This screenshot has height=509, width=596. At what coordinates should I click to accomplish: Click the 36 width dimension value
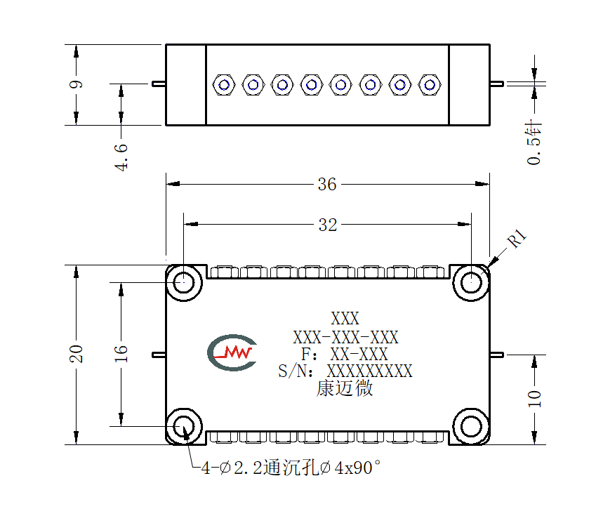[x=327, y=185]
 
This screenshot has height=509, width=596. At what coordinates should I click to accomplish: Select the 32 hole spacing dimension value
[x=328, y=225]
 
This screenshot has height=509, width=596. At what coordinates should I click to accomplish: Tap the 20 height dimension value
[x=77, y=354]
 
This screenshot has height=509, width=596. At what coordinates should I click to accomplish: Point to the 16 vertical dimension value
[x=121, y=354]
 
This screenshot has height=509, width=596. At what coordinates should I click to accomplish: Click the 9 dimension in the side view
[x=77, y=84]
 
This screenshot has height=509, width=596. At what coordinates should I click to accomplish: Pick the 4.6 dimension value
[x=121, y=157]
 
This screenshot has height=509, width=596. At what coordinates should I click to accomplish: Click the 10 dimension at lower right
[x=534, y=398]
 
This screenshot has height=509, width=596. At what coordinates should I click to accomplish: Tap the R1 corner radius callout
[x=517, y=238]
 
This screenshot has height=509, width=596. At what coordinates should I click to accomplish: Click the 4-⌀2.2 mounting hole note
[x=291, y=468]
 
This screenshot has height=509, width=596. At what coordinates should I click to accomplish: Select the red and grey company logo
[x=232, y=352]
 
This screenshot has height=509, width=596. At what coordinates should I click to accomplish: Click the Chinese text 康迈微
[x=345, y=388]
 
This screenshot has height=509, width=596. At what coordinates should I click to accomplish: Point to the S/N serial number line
[x=345, y=371]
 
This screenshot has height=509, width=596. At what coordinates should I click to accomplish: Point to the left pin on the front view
[x=159, y=355]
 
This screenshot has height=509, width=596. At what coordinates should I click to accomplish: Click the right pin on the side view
[x=497, y=84]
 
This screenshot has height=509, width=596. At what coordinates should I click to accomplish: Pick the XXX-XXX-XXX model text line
[x=345, y=337]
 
